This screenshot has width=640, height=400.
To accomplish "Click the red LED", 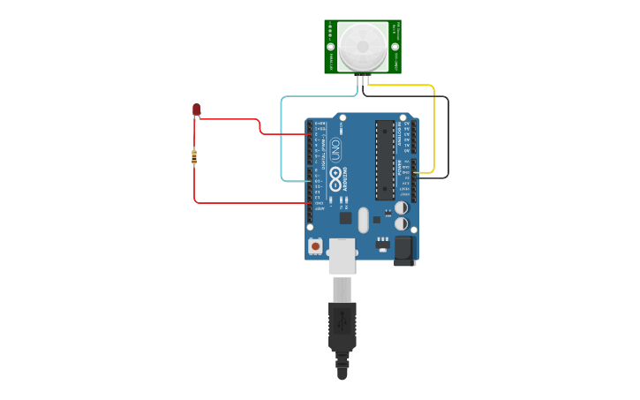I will click(196, 109).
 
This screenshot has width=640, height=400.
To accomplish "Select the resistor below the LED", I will click(194, 157).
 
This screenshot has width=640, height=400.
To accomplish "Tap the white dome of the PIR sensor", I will click(363, 46).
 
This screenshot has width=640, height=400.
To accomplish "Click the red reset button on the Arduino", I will click(316, 246).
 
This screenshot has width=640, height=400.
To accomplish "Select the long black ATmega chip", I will click(385, 160).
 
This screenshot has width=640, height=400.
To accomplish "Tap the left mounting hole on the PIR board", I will click(331, 47).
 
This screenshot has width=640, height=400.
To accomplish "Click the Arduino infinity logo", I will click(336, 181).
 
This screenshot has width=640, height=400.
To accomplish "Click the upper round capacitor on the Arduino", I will click(401, 208).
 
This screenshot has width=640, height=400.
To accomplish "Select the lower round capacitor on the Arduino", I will click(401, 223).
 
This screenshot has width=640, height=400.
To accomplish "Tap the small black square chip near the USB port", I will click(345, 217).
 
